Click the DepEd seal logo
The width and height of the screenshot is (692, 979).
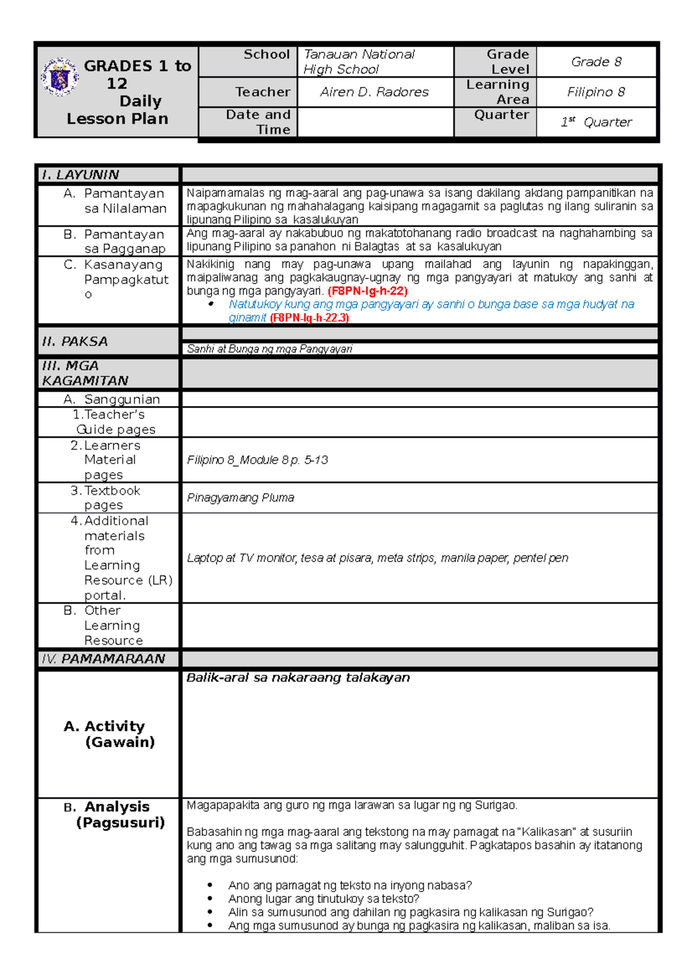(59, 77)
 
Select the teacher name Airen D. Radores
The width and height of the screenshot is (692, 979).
(374, 92)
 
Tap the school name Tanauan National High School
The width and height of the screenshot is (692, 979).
(359, 62)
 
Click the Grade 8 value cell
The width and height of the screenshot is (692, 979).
(596, 62)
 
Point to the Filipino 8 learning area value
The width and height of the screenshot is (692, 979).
(596, 92)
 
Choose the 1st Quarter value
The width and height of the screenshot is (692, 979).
(596, 122)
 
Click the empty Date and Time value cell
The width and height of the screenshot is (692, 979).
(375, 122)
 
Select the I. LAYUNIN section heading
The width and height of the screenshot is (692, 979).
(80, 175)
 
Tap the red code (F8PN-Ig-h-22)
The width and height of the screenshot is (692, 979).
(367, 291)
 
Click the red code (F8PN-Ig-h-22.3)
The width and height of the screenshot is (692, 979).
(309, 318)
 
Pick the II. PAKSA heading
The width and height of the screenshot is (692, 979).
(75, 341)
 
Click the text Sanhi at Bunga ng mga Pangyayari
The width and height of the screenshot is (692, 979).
(269, 349)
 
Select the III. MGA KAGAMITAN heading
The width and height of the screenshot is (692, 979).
(85, 373)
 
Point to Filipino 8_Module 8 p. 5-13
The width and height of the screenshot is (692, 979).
(257, 460)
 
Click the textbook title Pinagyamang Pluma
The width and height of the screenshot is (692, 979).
(240, 498)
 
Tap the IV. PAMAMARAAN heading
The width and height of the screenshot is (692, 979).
(103, 659)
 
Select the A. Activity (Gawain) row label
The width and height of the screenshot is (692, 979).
(110, 734)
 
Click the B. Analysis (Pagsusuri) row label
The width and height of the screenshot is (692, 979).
(115, 814)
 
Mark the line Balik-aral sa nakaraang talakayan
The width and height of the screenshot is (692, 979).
(298, 678)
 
